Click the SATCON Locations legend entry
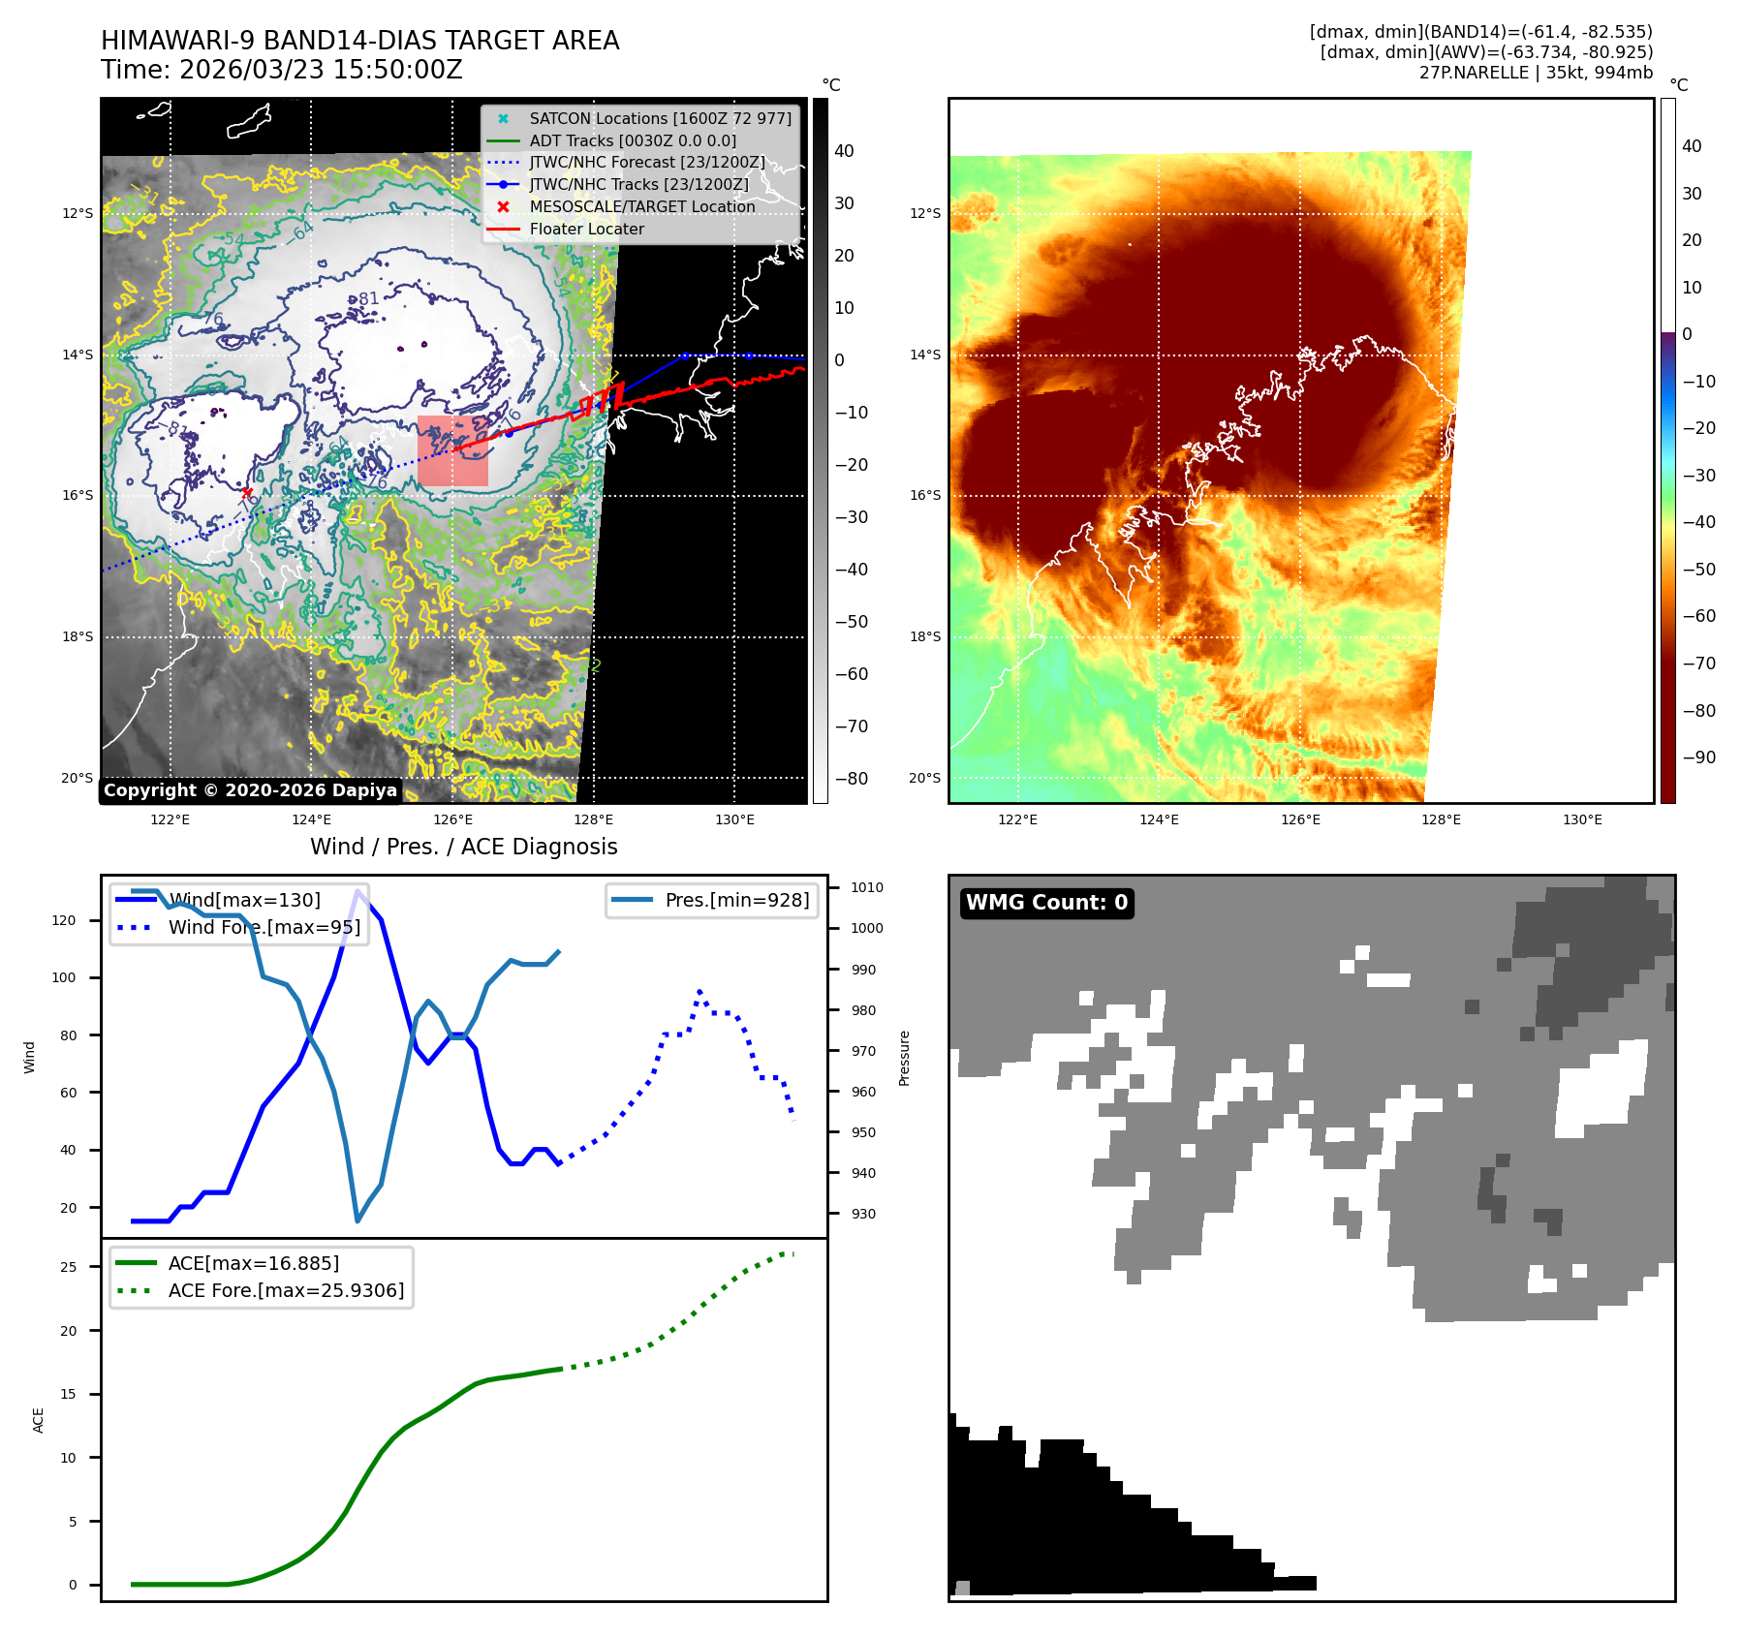[x=660, y=118]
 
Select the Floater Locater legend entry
[x=586, y=229]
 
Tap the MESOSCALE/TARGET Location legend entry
[x=641, y=206]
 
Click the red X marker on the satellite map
[x=247, y=493]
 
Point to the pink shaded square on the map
[x=452, y=451]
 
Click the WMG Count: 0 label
[x=1046, y=903]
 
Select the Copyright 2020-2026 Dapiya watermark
[x=250, y=790]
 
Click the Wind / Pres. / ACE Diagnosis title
[x=463, y=847]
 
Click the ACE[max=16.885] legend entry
[x=254, y=1263]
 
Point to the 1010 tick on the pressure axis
[x=866, y=887]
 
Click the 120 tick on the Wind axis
[x=64, y=920]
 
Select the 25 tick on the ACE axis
[x=69, y=1267]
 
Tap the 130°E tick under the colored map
[x=1582, y=819]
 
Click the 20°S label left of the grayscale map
[x=78, y=778]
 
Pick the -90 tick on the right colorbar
[x=1698, y=757]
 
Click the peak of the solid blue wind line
[x=358, y=891]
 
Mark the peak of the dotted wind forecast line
[x=700, y=992]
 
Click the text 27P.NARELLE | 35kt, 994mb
[x=1536, y=73]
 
